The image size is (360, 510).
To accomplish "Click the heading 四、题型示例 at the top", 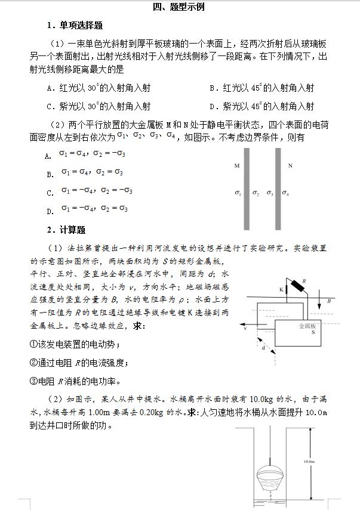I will point(179,7).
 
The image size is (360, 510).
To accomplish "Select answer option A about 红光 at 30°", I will point(99,88).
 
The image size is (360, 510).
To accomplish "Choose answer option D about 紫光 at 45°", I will point(262,107).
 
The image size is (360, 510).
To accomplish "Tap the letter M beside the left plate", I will point(237,166).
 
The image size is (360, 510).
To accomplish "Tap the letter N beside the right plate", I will point(290,166).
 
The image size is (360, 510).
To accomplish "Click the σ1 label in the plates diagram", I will point(238,193).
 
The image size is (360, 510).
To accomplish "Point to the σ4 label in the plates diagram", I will point(285,193).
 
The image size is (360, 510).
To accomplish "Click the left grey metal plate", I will point(247,188).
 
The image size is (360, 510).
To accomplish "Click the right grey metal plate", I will point(278,188).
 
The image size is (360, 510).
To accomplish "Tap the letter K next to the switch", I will point(281,289).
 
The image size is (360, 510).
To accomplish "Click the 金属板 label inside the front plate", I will point(310,326).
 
